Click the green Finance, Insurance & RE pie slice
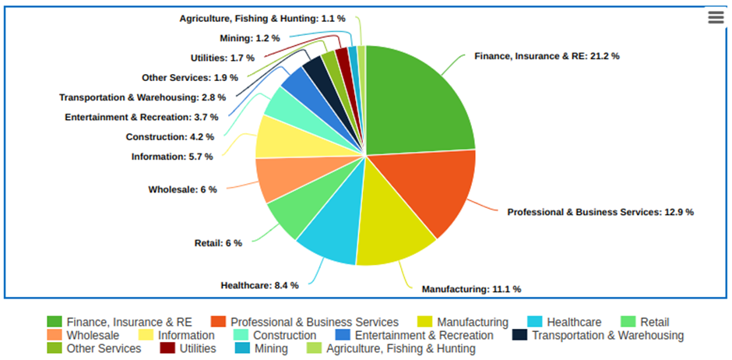click(x=417, y=101)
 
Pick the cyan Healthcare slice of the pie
click(x=331, y=230)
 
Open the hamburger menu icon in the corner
click(x=716, y=18)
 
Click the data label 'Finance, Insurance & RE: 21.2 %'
click(x=547, y=56)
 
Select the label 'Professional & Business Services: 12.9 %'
click(x=600, y=211)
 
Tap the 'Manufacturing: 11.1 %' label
click(x=471, y=289)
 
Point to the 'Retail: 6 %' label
click(x=218, y=243)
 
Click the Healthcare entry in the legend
click(x=573, y=322)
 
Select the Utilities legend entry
click(x=198, y=348)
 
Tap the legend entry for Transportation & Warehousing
click(x=607, y=335)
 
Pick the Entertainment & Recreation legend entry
click(x=424, y=335)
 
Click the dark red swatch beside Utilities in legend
click(x=168, y=348)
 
